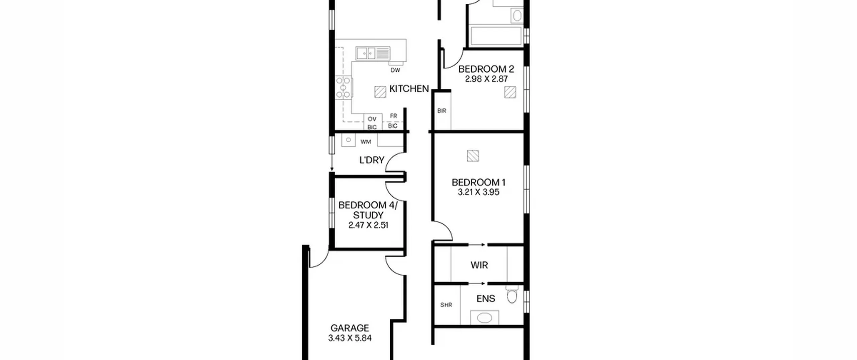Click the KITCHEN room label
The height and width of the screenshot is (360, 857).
pyautogui.click(x=409, y=89)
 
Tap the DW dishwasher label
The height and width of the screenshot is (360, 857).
pyautogui.click(x=395, y=70)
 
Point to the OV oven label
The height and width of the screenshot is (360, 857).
pyautogui.click(x=372, y=119)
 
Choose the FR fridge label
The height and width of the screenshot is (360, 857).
pyautogui.click(x=393, y=116)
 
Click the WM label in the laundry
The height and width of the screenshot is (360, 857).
pyautogui.click(x=366, y=142)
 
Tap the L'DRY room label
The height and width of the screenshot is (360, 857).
pyautogui.click(x=372, y=160)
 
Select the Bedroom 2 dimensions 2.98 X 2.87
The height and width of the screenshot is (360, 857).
pyautogui.click(x=486, y=79)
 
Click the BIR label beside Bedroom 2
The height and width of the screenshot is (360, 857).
pyautogui.click(x=442, y=111)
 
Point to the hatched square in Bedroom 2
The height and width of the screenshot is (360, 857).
pyautogui.click(x=510, y=92)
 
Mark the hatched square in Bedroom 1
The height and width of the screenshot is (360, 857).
pyautogui.click(x=473, y=156)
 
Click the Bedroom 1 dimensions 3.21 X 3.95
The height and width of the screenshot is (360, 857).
pyautogui.click(x=478, y=192)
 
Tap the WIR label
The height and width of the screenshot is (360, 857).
pyautogui.click(x=479, y=265)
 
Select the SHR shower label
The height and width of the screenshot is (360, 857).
pyautogui.click(x=446, y=305)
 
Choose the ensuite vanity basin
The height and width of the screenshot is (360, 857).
pyautogui.click(x=484, y=317)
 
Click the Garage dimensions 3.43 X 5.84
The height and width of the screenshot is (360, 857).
pyautogui.click(x=350, y=338)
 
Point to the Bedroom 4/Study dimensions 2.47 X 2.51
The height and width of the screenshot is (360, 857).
pyautogui.click(x=368, y=225)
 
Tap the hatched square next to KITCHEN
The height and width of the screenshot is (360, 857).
pyautogui.click(x=380, y=92)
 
